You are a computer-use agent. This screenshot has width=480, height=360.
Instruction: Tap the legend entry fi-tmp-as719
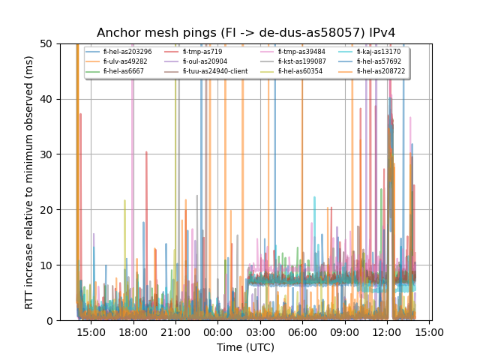(202, 52)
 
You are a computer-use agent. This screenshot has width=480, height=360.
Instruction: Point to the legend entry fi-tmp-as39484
(297, 52)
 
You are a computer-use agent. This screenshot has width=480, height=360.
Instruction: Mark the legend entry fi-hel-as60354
(298, 71)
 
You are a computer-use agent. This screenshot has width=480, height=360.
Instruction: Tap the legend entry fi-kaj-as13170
(378, 52)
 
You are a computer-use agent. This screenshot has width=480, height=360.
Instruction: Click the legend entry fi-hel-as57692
(379, 61)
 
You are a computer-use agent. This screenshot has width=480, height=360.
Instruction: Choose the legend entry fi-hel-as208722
(381, 71)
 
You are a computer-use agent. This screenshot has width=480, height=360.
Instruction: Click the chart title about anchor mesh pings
(246, 33)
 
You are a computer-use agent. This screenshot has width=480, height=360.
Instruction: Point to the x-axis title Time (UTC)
(246, 347)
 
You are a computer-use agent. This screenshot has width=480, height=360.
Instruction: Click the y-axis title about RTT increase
(29, 182)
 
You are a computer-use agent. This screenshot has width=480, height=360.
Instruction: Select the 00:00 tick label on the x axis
(218, 331)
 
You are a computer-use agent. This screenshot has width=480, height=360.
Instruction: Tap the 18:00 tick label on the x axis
(133, 331)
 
